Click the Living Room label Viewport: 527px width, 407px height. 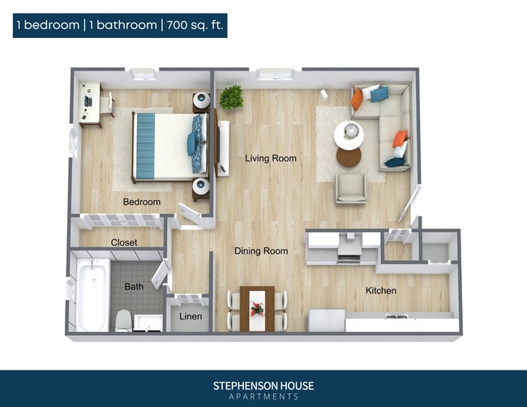pos(271,158)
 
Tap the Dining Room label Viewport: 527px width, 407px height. pos(261,251)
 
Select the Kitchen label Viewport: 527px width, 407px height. pos(380,290)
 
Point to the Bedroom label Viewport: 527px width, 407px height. pos(141,202)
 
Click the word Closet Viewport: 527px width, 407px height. pos(124,242)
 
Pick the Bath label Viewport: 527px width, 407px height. pos(134,286)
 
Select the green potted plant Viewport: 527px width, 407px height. pos(231,97)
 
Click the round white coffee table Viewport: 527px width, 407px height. pos(349,135)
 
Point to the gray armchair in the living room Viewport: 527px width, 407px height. pos(350,188)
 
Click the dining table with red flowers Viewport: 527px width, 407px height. pos(258,309)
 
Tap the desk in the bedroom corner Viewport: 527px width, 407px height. pos(89,104)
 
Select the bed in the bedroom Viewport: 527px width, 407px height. pos(166,144)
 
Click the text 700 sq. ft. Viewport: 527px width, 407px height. pos(195,25)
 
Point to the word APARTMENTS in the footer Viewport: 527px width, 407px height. pos(263,396)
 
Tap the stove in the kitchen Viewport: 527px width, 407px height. pos(348,249)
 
